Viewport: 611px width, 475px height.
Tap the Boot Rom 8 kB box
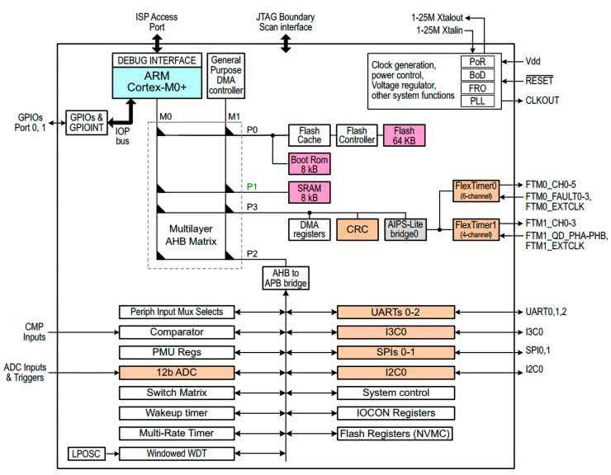[x=309, y=164]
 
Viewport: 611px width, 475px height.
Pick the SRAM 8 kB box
[x=309, y=191]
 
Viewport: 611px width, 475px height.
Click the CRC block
[x=357, y=228]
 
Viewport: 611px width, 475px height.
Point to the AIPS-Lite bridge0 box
[x=408, y=228]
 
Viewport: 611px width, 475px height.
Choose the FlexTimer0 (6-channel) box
[x=477, y=190]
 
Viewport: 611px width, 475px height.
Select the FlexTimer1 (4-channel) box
[x=477, y=228]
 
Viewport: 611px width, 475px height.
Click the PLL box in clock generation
[x=477, y=101]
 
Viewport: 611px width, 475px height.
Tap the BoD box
[x=477, y=74]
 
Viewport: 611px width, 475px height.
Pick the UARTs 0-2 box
[x=396, y=312]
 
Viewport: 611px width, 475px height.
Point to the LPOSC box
[x=85, y=452]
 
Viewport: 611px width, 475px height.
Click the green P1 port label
[x=252, y=186]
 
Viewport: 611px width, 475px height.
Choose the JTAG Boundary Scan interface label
[x=286, y=21]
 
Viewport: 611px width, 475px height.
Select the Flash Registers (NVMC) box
[x=396, y=432]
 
